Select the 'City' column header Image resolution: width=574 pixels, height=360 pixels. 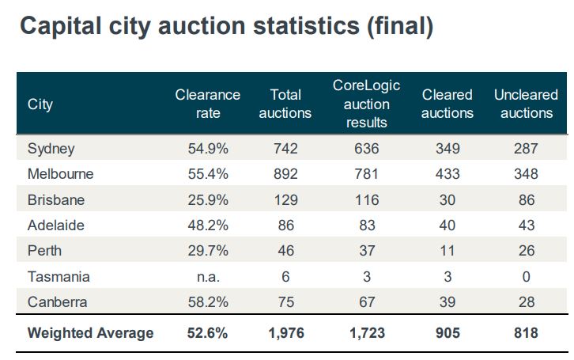40,104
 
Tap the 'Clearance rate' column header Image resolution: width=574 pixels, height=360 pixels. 208,104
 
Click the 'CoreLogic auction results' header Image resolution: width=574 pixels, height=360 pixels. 367,104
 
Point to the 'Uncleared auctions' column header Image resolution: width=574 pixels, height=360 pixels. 526,104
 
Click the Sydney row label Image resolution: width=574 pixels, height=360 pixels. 51,149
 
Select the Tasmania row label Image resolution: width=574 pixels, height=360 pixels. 59,277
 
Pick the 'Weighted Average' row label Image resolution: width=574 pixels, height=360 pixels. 91,333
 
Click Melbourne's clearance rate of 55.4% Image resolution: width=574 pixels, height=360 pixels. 208,174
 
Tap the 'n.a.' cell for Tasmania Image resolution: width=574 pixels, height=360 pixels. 208,277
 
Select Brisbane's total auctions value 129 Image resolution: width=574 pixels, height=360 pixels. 286,200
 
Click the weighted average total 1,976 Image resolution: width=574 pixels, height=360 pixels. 286,333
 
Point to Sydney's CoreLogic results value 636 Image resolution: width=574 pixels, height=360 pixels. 367,149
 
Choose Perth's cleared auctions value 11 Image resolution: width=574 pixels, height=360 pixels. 447,251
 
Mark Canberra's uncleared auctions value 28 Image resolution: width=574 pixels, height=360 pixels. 526,302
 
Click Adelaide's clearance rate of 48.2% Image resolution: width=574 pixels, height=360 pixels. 208,225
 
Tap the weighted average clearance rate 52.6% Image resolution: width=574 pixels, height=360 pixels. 208,333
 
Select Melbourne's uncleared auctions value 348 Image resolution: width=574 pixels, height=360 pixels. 526,174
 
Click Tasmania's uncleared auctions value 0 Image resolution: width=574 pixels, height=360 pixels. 526,277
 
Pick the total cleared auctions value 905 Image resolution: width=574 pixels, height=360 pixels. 447,333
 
